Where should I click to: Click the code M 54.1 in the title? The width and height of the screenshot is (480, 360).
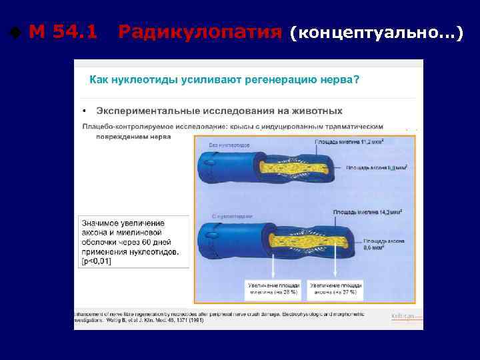63,31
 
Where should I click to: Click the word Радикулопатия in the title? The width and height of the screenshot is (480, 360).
199,31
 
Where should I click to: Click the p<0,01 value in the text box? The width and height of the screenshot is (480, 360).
97,262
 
